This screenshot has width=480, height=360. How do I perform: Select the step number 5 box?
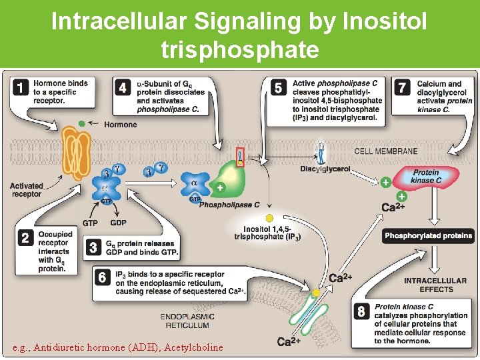pos(279,87)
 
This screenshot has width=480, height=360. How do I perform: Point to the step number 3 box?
pos(93,247)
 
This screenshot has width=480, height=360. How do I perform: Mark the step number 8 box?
pos(361,311)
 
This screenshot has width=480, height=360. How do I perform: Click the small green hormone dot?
pos(81,123)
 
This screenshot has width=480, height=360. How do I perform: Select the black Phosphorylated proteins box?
pos(429,235)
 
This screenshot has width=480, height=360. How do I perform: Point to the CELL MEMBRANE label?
pos(386,151)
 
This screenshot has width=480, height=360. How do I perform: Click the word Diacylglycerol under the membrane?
pos(325,169)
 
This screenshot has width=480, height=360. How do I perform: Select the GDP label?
pos(118,223)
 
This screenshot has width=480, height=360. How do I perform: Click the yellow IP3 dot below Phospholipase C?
pos(269,218)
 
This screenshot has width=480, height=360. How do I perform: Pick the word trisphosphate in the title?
pos(239,49)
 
